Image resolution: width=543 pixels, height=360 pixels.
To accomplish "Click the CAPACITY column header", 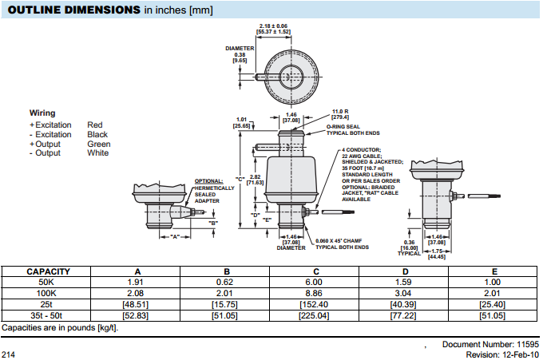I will (x=49, y=271).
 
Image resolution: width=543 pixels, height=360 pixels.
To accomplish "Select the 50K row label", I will (x=49, y=283).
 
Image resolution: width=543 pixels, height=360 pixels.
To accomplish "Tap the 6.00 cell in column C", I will (x=315, y=283).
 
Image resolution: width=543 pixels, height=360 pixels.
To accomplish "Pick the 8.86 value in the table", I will (x=315, y=294).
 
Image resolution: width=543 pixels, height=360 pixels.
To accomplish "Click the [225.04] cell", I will (x=315, y=316).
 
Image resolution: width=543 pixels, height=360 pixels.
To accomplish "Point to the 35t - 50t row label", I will (x=49, y=316).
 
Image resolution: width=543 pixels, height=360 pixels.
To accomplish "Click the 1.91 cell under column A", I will (x=135, y=283).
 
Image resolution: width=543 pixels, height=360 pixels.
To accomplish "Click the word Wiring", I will (x=42, y=113).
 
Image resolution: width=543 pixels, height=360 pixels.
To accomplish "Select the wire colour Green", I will (x=99, y=144).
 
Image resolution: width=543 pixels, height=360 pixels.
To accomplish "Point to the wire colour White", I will (x=98, y=153).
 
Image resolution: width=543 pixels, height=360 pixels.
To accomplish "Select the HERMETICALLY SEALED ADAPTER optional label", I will (x=214, y=192).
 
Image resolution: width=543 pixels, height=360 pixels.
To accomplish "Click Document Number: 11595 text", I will (x=490, y=344).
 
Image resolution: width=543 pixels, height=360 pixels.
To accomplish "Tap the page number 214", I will (x=9, y=354).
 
